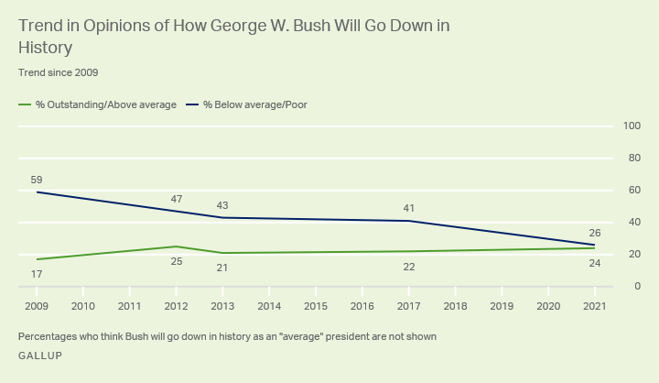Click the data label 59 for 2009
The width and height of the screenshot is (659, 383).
click(x=38, y=180)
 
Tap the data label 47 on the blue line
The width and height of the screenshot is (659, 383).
click(x=177, y=199)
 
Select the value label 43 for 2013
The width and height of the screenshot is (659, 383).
click(x=223, y=205)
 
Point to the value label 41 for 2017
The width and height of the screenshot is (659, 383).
click(x=409, y=208)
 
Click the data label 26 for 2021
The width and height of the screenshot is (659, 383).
click(x=595, y=233)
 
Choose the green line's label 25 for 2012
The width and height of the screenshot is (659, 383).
click(x=177, y=260)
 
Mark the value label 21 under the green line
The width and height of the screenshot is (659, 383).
click(x=223, y=267)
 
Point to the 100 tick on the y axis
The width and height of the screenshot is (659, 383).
click(x=631, y=126)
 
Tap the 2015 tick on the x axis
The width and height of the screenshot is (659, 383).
click(x=316, y=304)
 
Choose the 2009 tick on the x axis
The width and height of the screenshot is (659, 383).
click(x=38, y=304)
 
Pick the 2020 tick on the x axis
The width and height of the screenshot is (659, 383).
click(x=548, y=304)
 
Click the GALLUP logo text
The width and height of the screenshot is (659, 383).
click(x=40, y=356)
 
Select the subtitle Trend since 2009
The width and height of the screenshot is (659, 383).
click(x=58, y=71)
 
